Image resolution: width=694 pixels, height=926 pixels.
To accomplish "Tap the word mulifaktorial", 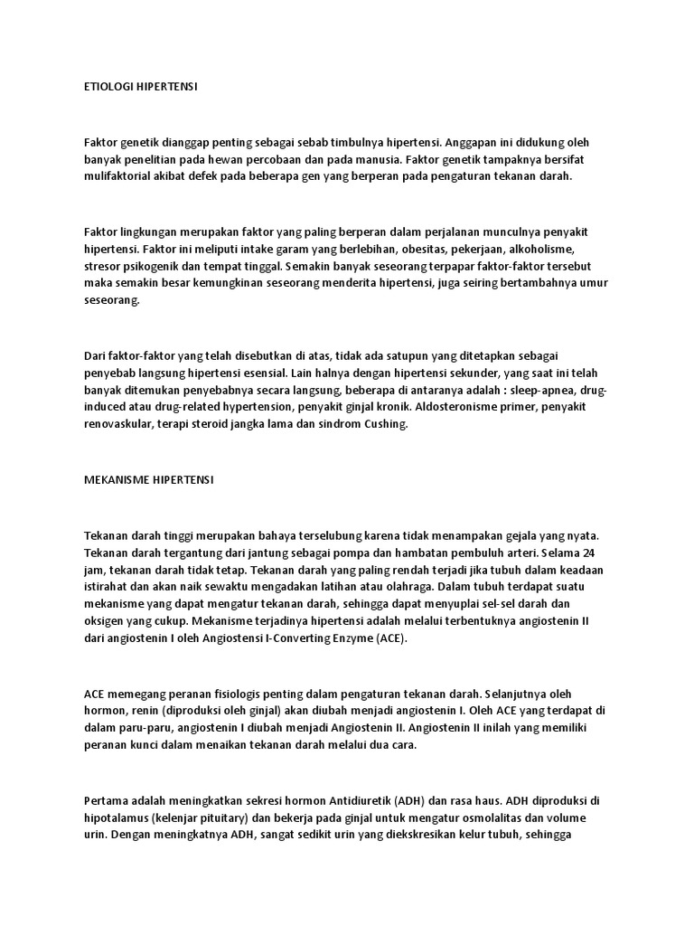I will (118, 176).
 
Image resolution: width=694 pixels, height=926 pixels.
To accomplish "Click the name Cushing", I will (386, 423).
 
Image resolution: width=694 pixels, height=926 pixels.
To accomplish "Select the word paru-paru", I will (138, 726).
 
